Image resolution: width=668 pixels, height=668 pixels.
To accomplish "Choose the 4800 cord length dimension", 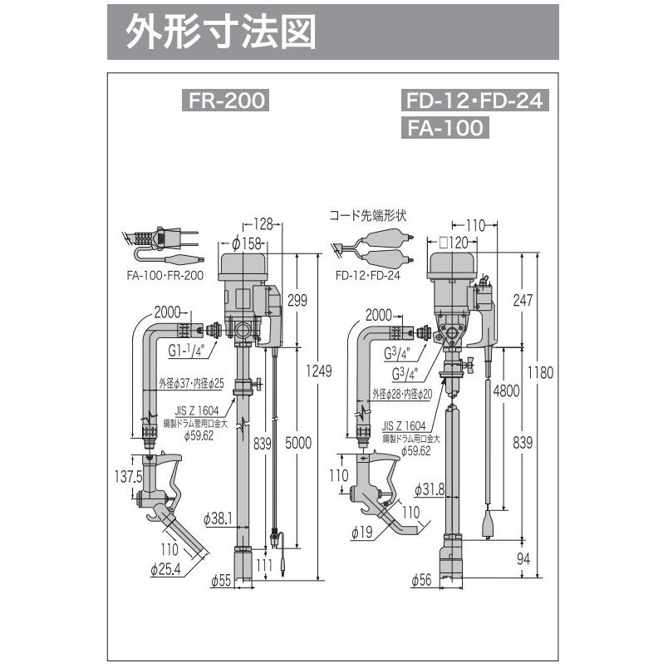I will point(505,388).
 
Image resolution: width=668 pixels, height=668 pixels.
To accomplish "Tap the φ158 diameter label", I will point(246,243).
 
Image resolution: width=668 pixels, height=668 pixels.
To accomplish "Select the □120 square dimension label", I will point(454,242).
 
